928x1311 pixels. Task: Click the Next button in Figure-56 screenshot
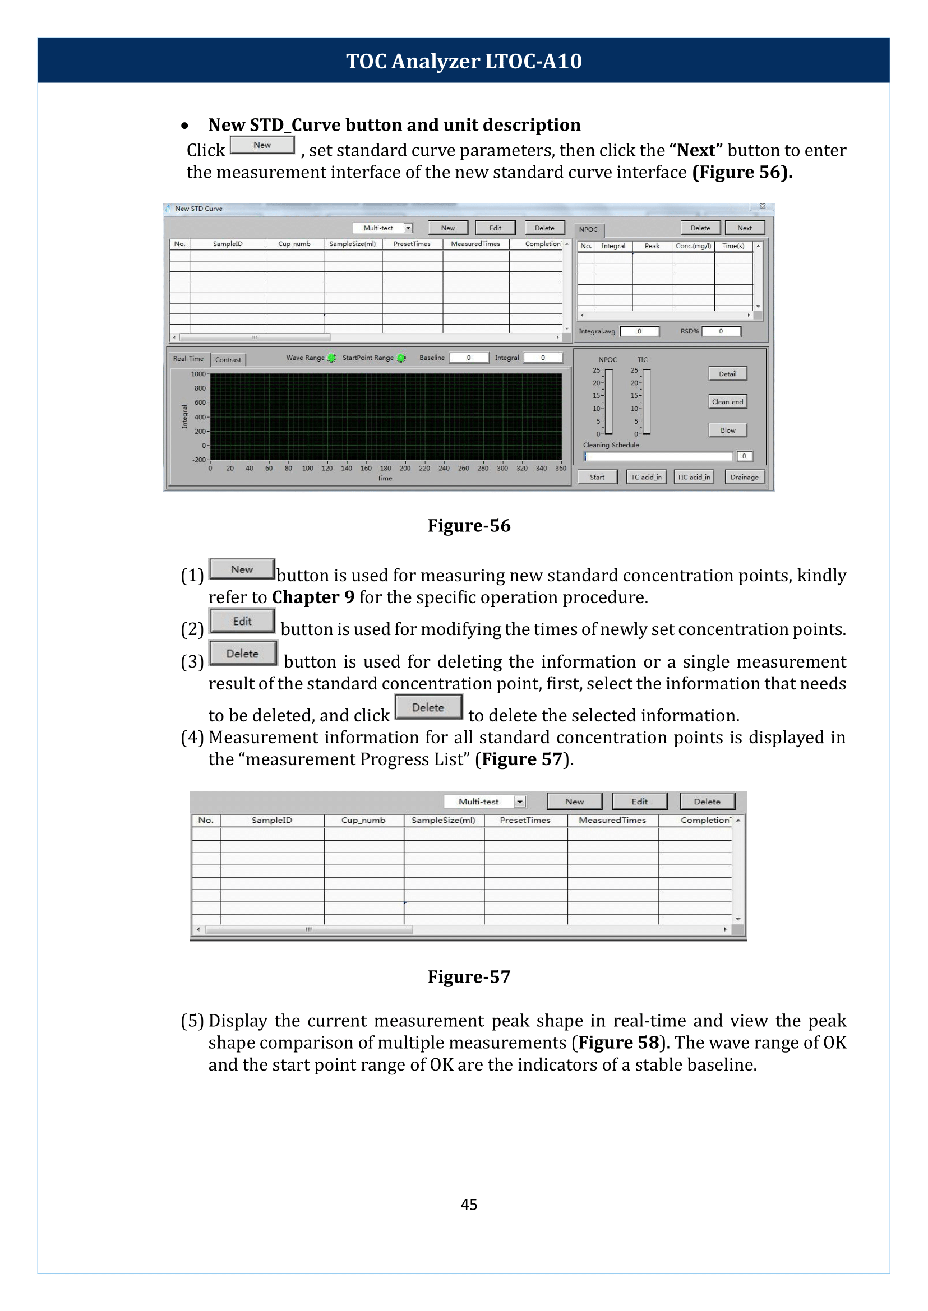(x=744, y=228)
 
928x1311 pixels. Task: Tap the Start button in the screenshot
(x=597, y=477)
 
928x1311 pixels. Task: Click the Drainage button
(x=744, y=477)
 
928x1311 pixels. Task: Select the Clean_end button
(x=727, y=401)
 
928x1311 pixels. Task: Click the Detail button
(x=727, y=374)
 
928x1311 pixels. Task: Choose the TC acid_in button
(x=646, y=477)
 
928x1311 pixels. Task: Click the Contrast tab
(x=228, y=359)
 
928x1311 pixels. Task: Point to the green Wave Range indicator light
(x=332, y=358)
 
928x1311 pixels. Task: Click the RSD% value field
(x=721, y=331)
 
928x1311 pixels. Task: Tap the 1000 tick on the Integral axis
(x=198, y=374)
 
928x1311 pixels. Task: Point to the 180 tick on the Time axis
(x=386, y=468)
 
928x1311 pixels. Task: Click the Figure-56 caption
(x=469, y=526)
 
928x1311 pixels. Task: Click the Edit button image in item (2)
(x=242, y=622)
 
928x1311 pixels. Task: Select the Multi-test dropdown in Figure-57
(x=484, y=802)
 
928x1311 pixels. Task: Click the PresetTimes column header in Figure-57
(x=525, y=820)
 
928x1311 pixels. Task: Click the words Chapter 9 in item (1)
(x=312, y=597)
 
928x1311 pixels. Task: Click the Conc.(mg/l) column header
(x=693, y=246)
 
